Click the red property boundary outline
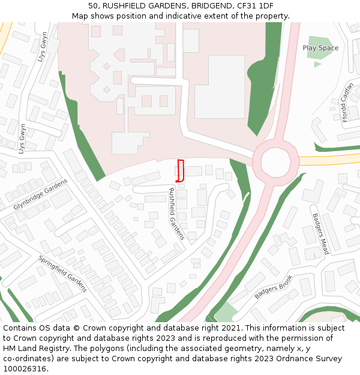180,170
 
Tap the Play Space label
320,48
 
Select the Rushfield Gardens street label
176,214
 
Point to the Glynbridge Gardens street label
41,194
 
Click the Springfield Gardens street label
63,274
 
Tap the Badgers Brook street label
274,287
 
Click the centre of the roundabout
275,161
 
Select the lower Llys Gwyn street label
22,139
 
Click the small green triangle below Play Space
317,64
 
